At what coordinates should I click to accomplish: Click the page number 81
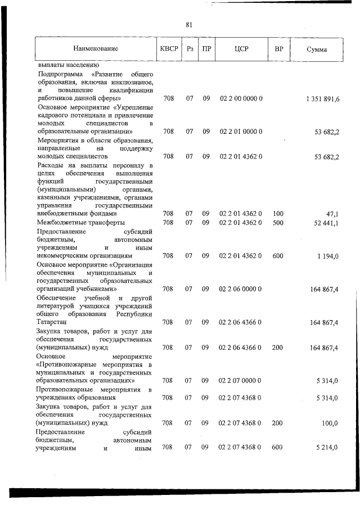188,24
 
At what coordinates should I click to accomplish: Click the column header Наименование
95,49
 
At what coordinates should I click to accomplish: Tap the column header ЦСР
241,49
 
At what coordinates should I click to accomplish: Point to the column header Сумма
317,49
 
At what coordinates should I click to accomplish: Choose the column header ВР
278,49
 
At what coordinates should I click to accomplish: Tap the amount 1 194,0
327,256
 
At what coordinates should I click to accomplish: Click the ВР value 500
277,223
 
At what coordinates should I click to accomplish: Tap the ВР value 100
277,214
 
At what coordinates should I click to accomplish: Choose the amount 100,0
329,423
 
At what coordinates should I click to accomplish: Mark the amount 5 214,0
327,448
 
